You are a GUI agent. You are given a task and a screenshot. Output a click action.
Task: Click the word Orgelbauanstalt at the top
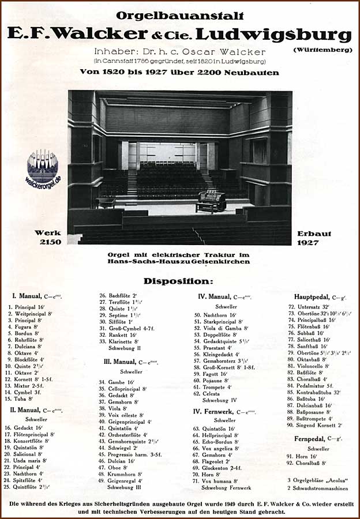[x=179, y=16]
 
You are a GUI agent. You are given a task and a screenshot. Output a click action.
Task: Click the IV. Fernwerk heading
[x=224, y=412]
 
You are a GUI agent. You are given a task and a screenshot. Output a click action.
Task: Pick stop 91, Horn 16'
[x=301, y=456]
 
